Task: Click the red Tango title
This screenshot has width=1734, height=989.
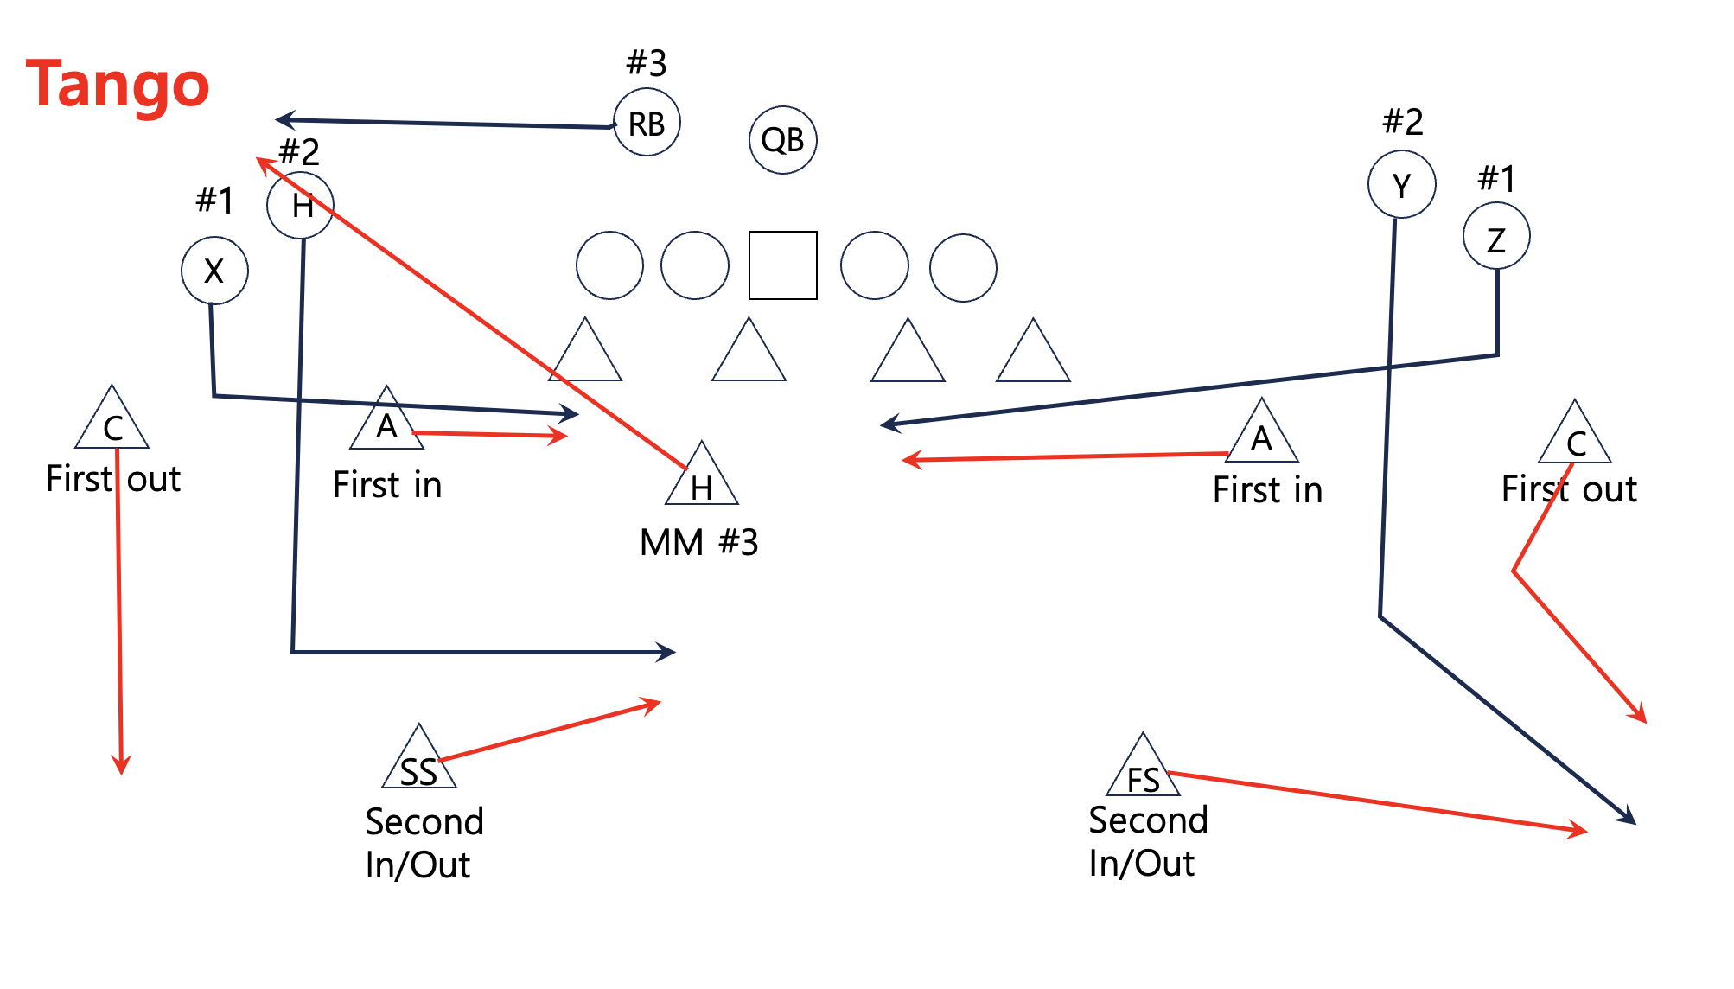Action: point(118,85)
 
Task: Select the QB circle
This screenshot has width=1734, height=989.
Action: point(782,140)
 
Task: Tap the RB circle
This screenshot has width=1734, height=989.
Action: point(647,123)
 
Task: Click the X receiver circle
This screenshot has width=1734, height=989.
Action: point(214,271)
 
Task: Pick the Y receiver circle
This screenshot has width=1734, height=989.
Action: point(1401,185)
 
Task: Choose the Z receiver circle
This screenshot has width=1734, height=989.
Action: point(1496,237)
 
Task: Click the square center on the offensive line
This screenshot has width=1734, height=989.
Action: point(782,265)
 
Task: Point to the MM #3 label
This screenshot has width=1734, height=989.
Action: point(698,543)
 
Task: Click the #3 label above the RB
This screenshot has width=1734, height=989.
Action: point(647,63)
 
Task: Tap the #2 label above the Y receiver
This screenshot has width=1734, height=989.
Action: point(1402,122)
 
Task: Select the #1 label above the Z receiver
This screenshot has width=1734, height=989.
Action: point(1496,179)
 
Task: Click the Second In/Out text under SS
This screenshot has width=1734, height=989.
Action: point(424,843)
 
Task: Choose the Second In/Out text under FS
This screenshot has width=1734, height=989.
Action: point(1147,841)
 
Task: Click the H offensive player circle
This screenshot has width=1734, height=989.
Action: point(300,205)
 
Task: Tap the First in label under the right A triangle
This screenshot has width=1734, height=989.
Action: point(1267,490)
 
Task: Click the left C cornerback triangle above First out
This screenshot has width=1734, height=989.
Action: point(112,422)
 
